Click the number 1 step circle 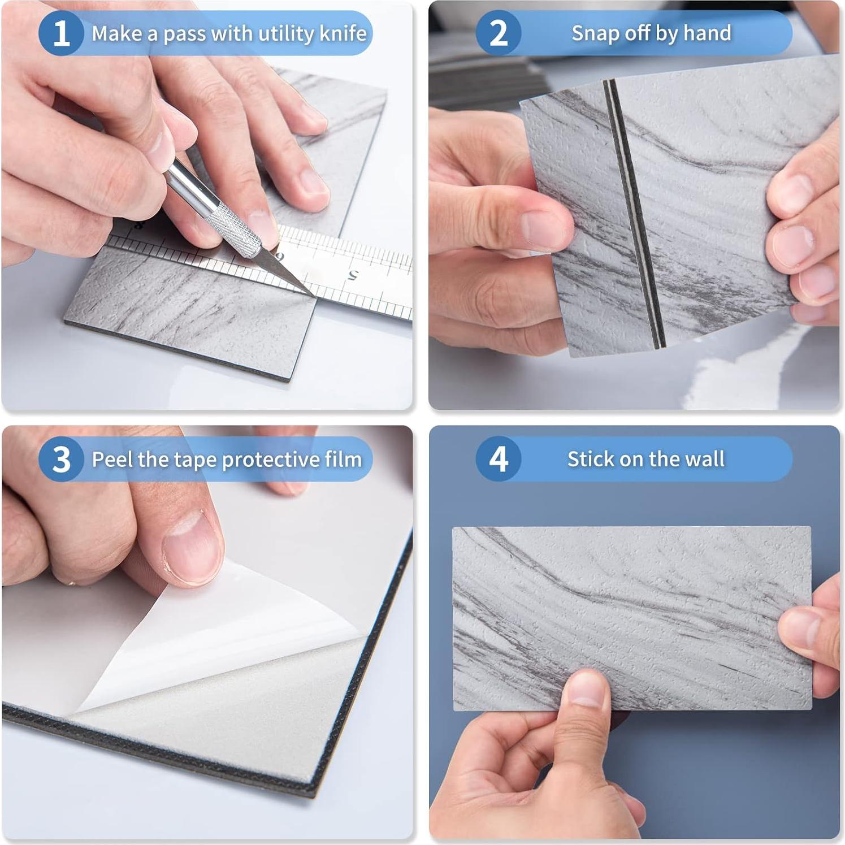(61, 33)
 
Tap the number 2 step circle (498, 33)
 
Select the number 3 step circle (61, 459)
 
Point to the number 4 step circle (498, 459)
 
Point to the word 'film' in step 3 (343, 459)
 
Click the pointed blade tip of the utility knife (314, 296)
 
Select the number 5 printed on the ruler (353, 276)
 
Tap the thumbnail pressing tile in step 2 (544, 230)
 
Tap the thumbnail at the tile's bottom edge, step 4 (588, 691)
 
